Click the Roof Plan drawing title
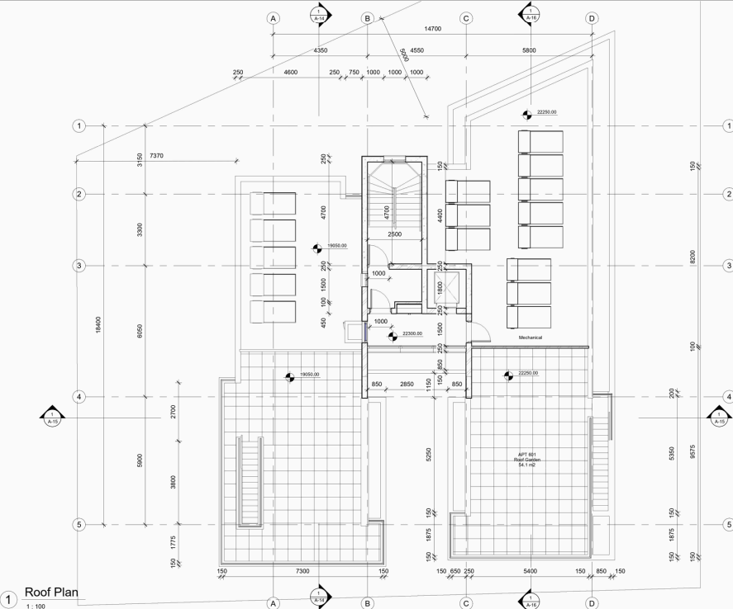click(55, 592)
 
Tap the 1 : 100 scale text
click(36, 607)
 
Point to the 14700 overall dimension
click(431, 29)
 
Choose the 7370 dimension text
click(158, 156)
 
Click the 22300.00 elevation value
click(412, 334)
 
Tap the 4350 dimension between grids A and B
click(320, 51)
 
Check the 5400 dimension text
click(530, 571)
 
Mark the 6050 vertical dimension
click(140, 330)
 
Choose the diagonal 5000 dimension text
click(404, 55)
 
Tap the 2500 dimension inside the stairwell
click(395, 234)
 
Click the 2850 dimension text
click(407, 385)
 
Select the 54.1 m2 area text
click(526, 466)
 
